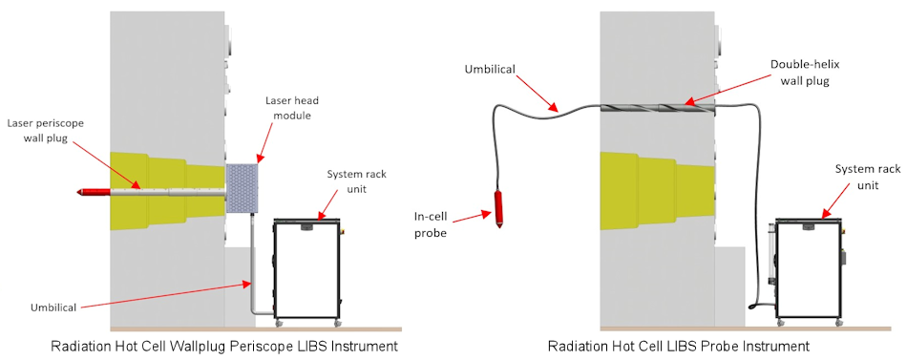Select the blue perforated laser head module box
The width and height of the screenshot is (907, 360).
[x=242, y=188]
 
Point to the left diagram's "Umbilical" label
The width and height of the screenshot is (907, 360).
[x=53, y=307]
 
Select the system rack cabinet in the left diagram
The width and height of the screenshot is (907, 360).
[x=306, y=270]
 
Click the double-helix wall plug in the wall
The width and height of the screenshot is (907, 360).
[x=658, y=108]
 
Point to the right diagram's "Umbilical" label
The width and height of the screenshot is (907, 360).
[x=489, y=70]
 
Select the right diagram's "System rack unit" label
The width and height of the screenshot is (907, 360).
[x=868, y=177]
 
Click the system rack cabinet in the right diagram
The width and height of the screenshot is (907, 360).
[x=809, y=270]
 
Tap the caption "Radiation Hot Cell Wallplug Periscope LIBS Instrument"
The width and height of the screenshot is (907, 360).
[x=224, y=347]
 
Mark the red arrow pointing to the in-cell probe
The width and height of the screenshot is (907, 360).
[x=472, y=217]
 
